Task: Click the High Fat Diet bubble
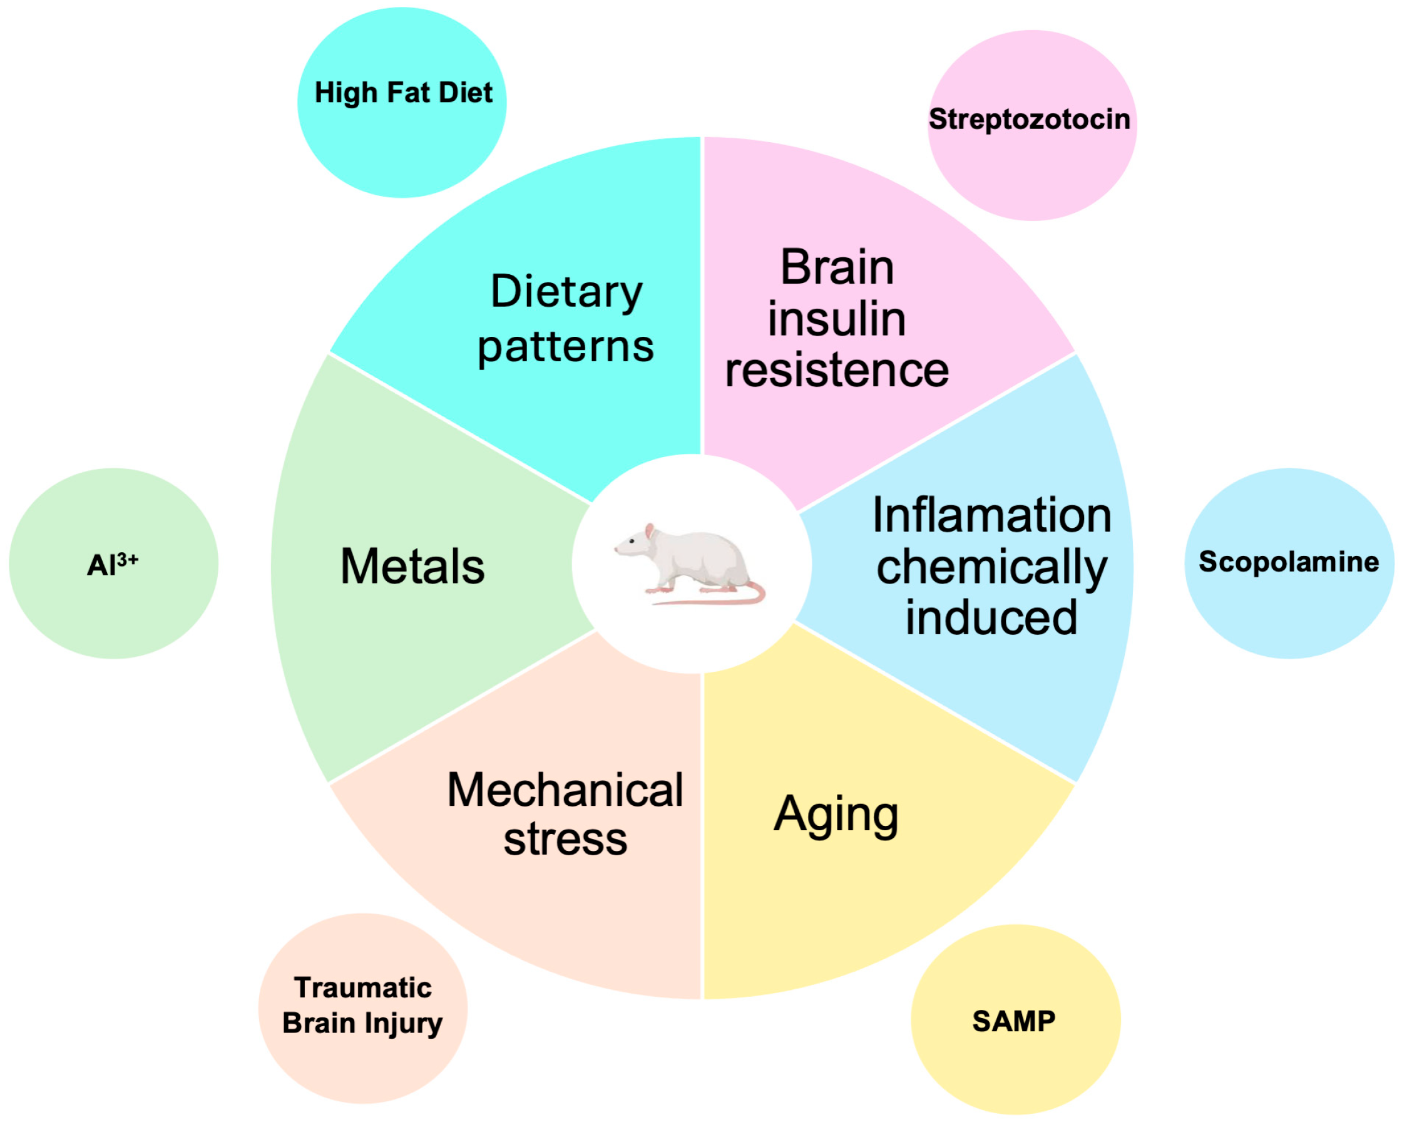402,102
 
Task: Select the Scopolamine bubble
1289,563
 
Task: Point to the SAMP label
1014,1021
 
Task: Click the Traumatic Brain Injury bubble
362,1006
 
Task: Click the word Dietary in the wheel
566,291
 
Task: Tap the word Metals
412,567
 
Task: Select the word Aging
836,815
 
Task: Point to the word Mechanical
565,790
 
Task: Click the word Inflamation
991,515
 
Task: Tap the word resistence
837,370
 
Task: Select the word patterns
566,347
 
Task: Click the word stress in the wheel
565,839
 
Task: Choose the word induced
991,617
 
